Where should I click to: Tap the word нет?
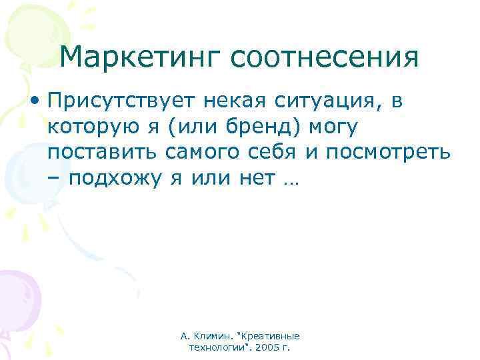click(x=255, y=178)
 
